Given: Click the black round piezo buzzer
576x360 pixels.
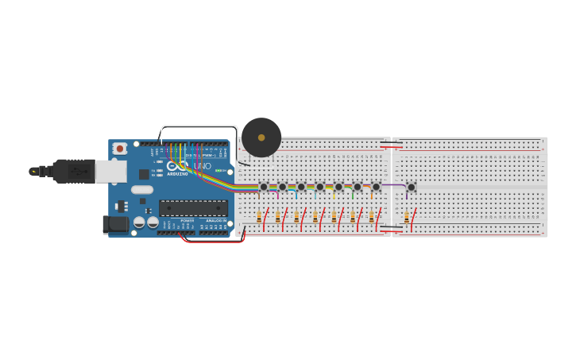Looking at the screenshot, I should pyautogui.click(x=261, y=137).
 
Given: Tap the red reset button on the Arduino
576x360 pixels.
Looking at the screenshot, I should pyautogui.click(x=120, y=148).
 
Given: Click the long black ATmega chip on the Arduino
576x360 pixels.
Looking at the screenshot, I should pyautogui.click(x=193, y=208).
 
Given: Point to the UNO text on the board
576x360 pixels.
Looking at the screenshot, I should pyautogui.click(x=203, y=165).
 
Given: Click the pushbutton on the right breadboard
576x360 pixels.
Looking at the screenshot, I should pyautogui.click(x=411, y=188).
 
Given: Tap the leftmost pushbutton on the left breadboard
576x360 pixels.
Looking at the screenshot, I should pyautogui.click(x=264, y=188).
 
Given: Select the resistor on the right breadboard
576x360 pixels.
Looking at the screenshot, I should pyautogui.click(x=407, y=216).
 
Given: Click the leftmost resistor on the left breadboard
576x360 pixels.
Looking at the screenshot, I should pyautogui.click(x=259, y=216).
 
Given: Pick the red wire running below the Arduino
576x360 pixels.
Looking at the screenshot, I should pyautogui.click(x=213, y=241).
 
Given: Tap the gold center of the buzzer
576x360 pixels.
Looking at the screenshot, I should pyautogui.click(x=261, y=137).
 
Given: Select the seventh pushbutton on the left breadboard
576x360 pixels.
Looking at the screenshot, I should pyautogui.click(x=377, y=188).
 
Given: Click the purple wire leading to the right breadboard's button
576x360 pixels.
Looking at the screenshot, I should pyautogui.click(x=395, y=185).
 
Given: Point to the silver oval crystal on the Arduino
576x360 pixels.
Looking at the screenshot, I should pyautogui.click(x=142, y=190).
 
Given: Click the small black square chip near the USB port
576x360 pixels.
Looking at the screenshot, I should pyautogui.click(x=144, y=173).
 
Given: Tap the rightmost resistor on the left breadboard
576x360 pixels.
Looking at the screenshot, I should pyautogui.click(x=371, y=216).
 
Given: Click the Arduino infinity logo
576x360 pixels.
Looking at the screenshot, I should pyautogui.click(x=171, y=166).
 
